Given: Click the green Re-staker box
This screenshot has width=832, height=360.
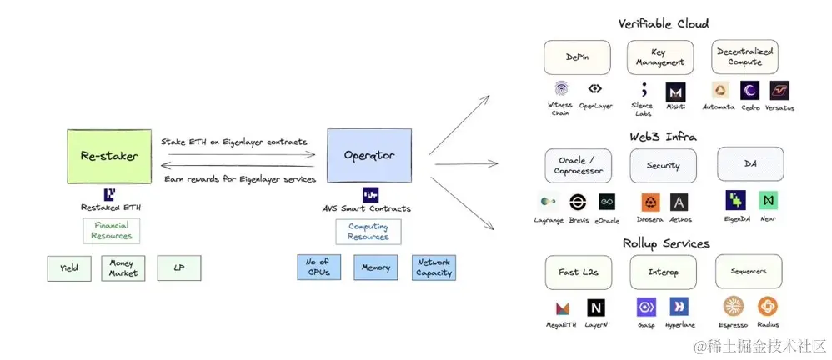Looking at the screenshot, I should [x=108, y=155].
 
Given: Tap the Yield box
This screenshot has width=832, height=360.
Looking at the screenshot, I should [x=69, y=268].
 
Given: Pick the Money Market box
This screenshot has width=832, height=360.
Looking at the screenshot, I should [x=123, y=268].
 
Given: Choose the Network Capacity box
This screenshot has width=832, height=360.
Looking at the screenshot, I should [x=434, y=267].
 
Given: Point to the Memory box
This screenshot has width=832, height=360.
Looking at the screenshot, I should [x=376, y=267].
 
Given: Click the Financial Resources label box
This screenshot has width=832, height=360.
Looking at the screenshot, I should [x=112, y=231].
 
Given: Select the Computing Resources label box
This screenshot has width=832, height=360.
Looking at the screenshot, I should [x=368, y=232].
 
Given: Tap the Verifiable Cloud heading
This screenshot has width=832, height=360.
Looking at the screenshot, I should [x=664, y=23].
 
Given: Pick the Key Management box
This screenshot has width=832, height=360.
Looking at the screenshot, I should [x=660, y=57].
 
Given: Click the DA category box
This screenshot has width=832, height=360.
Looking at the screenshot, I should [x=749, y=164].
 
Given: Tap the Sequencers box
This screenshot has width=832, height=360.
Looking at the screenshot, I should [x=749, y=272].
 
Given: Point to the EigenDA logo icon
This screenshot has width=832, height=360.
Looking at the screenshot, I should [x=735, y=200].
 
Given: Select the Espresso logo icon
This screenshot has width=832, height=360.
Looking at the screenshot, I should [x=734, y=307].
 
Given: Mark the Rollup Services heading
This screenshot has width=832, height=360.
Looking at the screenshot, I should [x=665, y=243].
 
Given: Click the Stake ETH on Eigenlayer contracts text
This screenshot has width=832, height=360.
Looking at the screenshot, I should [x=234, y=142].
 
